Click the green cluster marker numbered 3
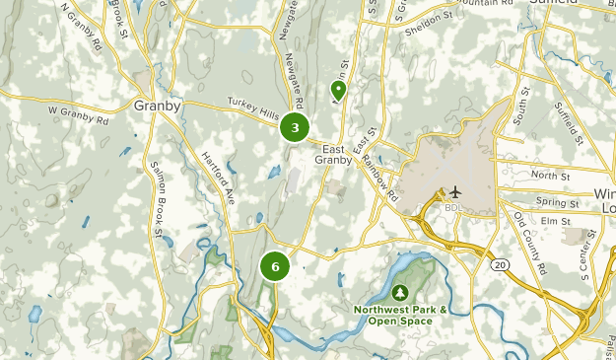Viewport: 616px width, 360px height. pyautogui.click(x=295, y=128)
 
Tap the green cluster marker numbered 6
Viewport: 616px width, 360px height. pyautogui.click(x=275, y=266)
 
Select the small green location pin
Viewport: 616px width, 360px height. pyautogui.click(x=338, y=91)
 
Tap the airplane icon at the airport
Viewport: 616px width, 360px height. pyautogui.click(x=455, y=191)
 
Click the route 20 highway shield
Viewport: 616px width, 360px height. pyautogui.click(x=500, y=265)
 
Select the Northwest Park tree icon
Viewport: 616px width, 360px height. pyautogui.click(x=401, y=292)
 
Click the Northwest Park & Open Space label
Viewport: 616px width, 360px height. pyautogui.click(x=402, y=315)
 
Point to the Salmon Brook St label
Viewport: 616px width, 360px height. pyautogui.click(x=155, y=195)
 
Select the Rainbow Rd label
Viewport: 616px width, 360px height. pyautogui.click(x=377, y=174)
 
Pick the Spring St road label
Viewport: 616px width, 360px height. pyautogui.click(x=557, y=202)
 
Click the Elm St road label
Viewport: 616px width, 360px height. pyautogui.click(x=557, y=221)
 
